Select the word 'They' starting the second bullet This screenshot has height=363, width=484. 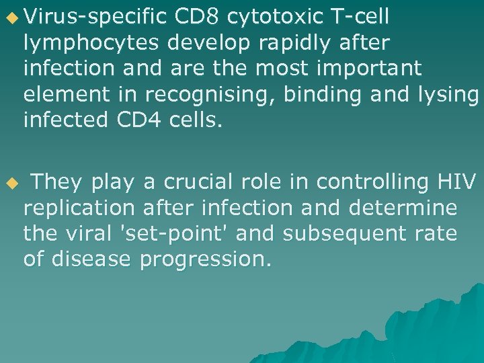[57, 182]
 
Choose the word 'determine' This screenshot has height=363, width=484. [403, 207]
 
